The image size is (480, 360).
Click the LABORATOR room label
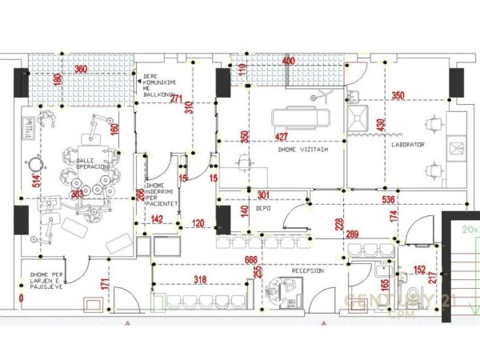[409, 145]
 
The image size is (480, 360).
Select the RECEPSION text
[307, 270]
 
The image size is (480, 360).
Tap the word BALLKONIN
[159, 94]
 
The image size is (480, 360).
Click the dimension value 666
[251, 260]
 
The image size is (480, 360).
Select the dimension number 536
[390, 199]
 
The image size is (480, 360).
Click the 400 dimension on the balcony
[288, 61]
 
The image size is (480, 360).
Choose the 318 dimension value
[202, 279]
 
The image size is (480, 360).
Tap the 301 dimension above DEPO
[264, 194]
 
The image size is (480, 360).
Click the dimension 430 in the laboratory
[381, 126]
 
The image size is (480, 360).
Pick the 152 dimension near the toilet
[419, 270]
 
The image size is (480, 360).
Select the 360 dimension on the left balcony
[81, 70]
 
